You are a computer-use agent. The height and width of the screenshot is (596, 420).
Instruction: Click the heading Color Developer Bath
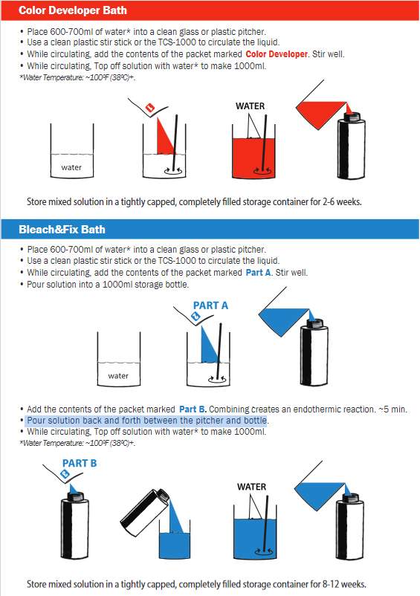point(73,10)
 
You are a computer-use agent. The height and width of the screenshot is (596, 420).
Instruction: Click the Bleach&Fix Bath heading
point(62,230)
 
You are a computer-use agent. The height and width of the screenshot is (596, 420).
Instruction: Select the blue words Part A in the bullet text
point(258,273)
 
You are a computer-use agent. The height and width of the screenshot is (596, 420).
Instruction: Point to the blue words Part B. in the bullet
point(193,409)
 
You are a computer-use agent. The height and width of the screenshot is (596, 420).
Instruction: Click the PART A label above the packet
point(210,305)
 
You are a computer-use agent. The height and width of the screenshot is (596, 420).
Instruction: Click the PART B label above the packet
point(80,463)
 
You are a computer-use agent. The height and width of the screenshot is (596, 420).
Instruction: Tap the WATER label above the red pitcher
point(250,106)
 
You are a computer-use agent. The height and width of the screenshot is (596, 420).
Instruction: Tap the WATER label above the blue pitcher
point(251,487)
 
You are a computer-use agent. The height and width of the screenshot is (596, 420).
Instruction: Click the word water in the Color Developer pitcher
point(71,167)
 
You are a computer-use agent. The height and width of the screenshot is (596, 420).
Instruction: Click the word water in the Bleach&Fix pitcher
point(118,376)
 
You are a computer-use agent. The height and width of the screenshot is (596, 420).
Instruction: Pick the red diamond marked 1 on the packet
point(150,108)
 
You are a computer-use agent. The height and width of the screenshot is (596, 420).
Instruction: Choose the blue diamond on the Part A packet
point(196,317)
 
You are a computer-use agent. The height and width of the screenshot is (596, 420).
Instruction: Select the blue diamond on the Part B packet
point(65,474)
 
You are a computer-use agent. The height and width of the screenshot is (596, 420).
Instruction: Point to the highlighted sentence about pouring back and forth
point(146,421)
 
